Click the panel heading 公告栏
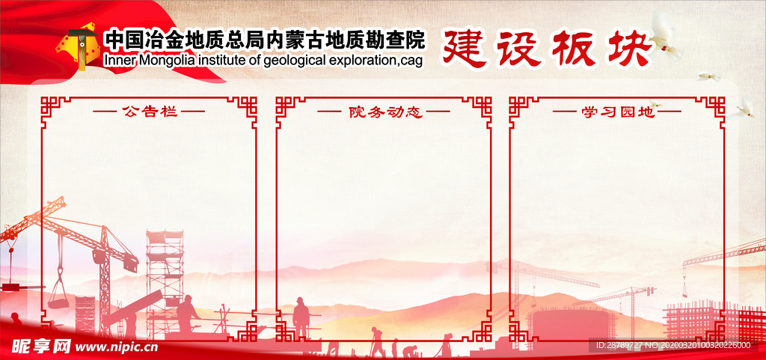click(149, 112)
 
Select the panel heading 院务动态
click(384, 112)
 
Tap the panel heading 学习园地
click(617, 112)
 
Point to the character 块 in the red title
click(630, 48)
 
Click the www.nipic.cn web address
click(118, 347)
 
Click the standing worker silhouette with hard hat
click(301, 318)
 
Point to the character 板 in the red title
click(575, 49)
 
